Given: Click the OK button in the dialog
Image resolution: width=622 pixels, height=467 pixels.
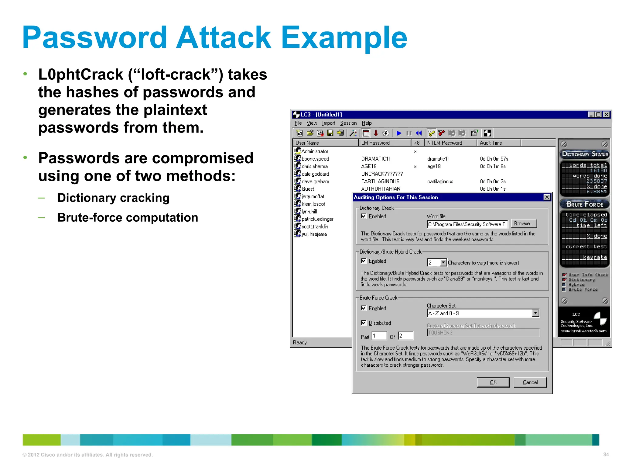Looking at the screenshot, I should click(493, 382).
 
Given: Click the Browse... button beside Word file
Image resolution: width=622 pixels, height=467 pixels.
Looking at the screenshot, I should click(524, 224).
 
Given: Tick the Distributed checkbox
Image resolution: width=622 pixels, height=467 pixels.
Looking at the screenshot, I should click(364, 323).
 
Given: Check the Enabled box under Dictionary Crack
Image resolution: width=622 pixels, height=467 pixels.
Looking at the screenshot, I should click(364, 216).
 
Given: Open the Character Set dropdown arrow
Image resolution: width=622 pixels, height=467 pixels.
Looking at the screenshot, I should click(535, 313).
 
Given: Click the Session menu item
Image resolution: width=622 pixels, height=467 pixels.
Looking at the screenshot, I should click(348, 123).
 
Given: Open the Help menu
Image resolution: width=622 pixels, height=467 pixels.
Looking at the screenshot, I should click(367, 123).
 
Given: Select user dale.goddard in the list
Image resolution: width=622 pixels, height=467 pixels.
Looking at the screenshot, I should click(315, 174).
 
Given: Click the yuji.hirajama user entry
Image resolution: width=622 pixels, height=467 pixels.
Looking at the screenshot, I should click(314, 234).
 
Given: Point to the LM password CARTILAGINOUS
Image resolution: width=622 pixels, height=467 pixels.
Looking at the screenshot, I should click(380, 182).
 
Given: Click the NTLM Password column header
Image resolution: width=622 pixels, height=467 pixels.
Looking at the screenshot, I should click(444, 143).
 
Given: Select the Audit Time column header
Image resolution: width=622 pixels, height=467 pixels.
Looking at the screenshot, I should click(491, 143).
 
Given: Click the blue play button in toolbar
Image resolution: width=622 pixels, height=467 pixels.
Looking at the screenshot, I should click(399, 133).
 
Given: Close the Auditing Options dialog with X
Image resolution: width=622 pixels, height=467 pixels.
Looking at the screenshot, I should click(547, 197).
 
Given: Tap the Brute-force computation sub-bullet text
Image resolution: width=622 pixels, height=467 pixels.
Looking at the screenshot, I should click(128, 218).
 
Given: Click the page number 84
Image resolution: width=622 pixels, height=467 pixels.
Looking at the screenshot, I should click(606, 455).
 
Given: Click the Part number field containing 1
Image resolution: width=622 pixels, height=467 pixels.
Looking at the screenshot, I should click(379, 336).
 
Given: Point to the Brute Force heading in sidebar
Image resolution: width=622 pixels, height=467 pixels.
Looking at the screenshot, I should click(584, 204).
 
